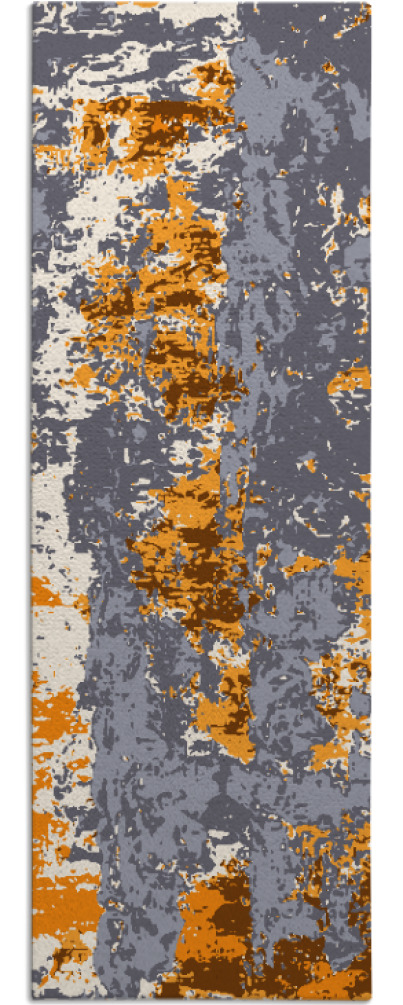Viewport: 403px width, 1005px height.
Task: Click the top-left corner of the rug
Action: coord(32,4)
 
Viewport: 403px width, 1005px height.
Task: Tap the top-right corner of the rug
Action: coord(369,4)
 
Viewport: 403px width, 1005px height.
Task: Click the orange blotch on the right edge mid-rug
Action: coord(352,380)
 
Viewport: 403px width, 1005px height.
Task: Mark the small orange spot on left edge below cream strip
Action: coord(45,590)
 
